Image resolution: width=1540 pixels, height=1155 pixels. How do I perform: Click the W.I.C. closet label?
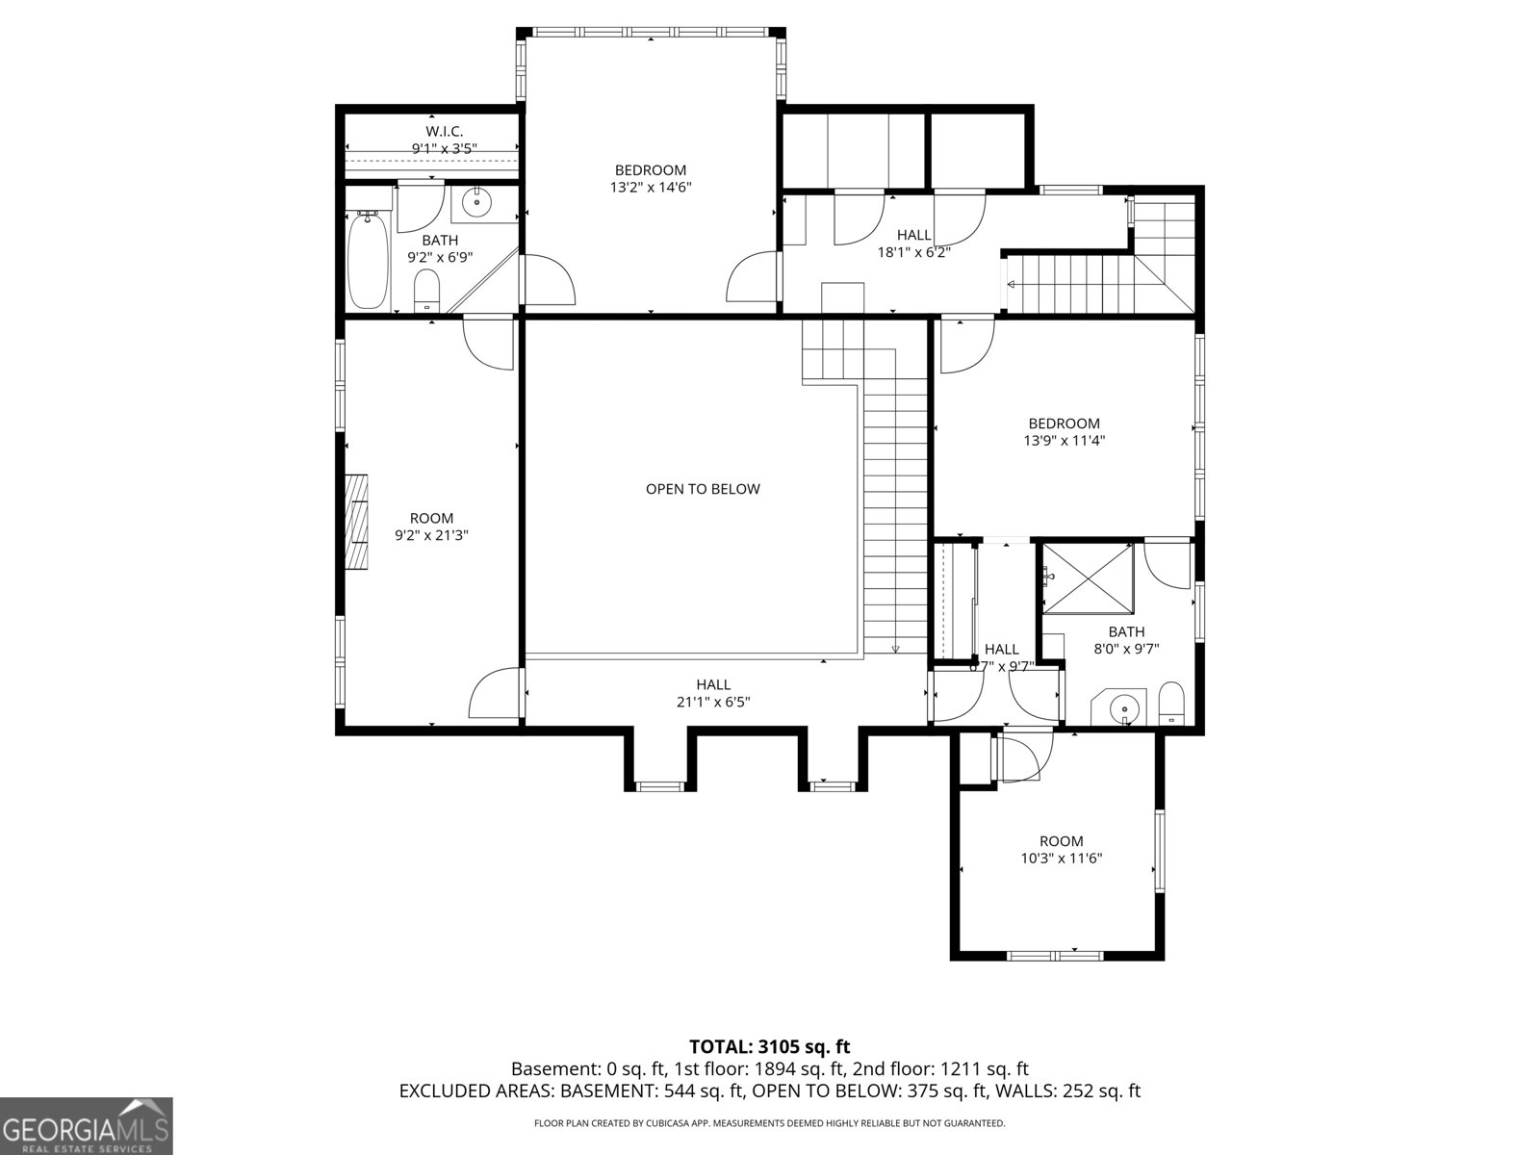pos(445,131)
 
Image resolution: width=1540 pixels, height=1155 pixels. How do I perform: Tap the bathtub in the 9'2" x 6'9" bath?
pos(368,260)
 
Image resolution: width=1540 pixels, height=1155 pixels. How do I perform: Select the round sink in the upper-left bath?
pos(476,203)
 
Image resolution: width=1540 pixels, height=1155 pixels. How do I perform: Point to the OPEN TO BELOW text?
pos(703,489)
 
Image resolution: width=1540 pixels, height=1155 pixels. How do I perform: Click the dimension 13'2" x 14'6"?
pos(651,188)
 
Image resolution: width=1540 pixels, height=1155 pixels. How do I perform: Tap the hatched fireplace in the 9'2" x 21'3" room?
pos(358,523)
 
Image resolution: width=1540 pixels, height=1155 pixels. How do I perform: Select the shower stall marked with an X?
pos(1089,577)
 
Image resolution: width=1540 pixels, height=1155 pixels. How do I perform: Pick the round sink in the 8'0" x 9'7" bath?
pos(1122,709)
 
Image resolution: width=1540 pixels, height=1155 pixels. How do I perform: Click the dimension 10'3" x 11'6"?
pos(1061,859)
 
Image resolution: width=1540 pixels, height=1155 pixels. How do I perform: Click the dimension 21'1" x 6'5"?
pos(713,703)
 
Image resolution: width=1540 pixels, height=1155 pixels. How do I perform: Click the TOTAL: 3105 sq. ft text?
pos(770,1046)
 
